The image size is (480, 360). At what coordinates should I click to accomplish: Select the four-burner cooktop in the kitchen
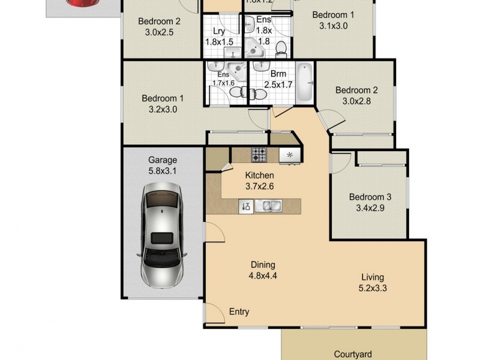pos(259,154)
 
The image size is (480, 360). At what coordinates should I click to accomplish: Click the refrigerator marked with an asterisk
pos(289,155)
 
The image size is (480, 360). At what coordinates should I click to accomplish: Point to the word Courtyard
pos(354,354)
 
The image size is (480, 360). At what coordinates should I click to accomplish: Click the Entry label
pos(239,312)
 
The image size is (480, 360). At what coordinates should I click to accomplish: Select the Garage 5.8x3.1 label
pos(163,166)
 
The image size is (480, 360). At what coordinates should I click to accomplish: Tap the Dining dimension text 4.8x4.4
pos(263,277)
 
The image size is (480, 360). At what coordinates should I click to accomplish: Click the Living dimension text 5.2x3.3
pos(372,289)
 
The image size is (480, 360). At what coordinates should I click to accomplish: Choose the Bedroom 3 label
pos(370,197)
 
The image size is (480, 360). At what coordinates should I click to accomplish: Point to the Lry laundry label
pos(218,31)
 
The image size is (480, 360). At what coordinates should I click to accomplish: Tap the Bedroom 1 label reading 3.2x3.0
pos(163,104)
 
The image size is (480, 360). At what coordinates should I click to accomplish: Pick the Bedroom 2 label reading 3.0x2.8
pos(356,95)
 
